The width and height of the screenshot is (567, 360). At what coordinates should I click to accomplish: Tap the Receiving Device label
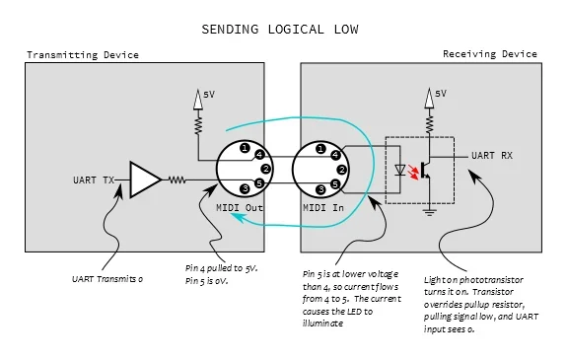point(490,54)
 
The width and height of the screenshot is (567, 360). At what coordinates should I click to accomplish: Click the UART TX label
point(95,180)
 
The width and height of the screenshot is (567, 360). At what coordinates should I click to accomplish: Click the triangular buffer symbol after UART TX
point(144,180)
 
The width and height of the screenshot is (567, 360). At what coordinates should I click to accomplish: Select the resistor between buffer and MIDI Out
point(177,180)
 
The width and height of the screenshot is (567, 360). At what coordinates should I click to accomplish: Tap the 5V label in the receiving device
point(441,93)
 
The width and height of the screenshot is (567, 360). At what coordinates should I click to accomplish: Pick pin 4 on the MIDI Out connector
point(257,155)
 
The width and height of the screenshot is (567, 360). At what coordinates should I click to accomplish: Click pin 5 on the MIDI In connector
point(335,183)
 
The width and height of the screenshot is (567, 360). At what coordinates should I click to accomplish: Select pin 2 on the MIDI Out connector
point(266,170)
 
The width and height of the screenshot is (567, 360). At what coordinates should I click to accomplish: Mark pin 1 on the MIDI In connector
point(320,148)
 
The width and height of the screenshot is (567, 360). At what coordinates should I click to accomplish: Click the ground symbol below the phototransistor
point(430,208)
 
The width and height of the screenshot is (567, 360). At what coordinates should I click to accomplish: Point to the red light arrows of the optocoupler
point(414,175)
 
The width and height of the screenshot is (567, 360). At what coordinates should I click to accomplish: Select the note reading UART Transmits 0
point(109,279)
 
